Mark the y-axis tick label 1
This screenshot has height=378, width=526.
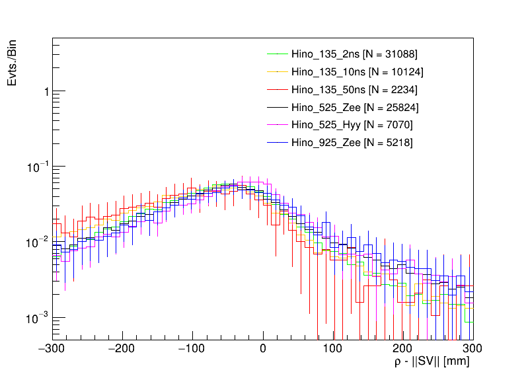[45, 92]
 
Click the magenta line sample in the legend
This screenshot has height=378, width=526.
[276, 125]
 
